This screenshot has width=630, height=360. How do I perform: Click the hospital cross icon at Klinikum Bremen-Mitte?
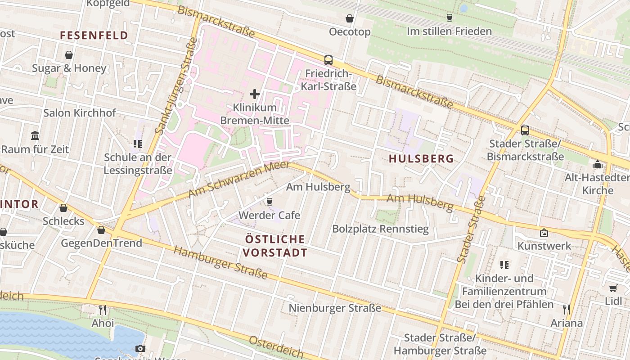(255, 94)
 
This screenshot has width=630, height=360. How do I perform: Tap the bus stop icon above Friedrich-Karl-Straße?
(328, 60)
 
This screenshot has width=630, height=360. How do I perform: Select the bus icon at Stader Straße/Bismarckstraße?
(525, 130)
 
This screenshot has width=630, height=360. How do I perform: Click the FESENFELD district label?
(94, 35)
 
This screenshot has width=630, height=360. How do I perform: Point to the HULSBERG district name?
(421, 158)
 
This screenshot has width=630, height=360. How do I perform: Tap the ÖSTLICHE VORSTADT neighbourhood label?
(275, 246)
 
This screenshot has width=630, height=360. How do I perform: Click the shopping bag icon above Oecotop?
(349, 18)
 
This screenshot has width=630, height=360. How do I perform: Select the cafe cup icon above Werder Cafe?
(270, 202)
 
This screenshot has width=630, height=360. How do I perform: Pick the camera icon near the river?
(140, 348)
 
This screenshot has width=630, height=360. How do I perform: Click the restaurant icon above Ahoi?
(103, 310)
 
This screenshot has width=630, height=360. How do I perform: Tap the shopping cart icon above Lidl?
(613, 288)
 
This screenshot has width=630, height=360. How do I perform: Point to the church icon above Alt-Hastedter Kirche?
(598, 164)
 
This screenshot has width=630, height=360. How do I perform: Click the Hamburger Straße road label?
(220, 262)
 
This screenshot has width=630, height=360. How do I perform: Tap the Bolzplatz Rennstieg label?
(380, 229)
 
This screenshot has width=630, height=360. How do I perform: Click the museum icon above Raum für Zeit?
(35, 135)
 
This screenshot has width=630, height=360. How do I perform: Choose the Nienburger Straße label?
(335, 308)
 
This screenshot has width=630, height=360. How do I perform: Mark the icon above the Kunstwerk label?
(544, 233)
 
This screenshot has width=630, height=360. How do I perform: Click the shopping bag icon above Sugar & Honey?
(69, 55)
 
